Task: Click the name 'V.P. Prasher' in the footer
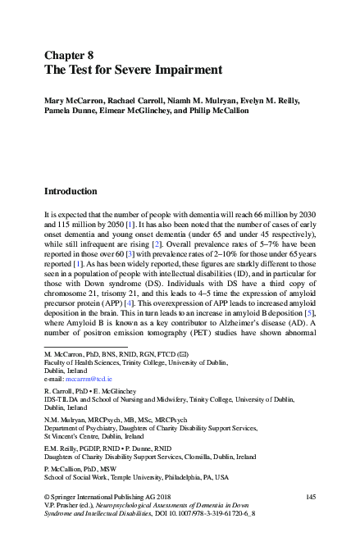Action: pyautogui.click(x=63, y=507)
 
